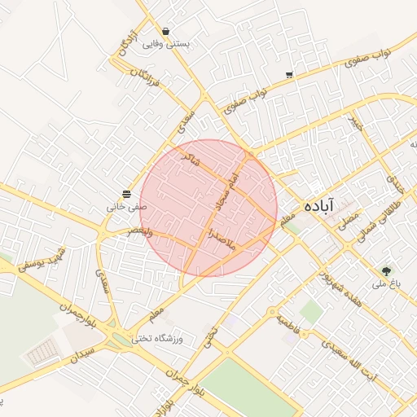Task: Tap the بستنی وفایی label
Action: (166, 44)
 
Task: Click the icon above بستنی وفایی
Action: (166, 32)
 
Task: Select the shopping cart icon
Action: (289, 75)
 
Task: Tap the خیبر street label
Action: (353, 123)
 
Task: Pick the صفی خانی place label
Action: (127, 207)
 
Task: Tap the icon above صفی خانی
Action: (127, 194)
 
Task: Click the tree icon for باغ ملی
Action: (386, 270)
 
